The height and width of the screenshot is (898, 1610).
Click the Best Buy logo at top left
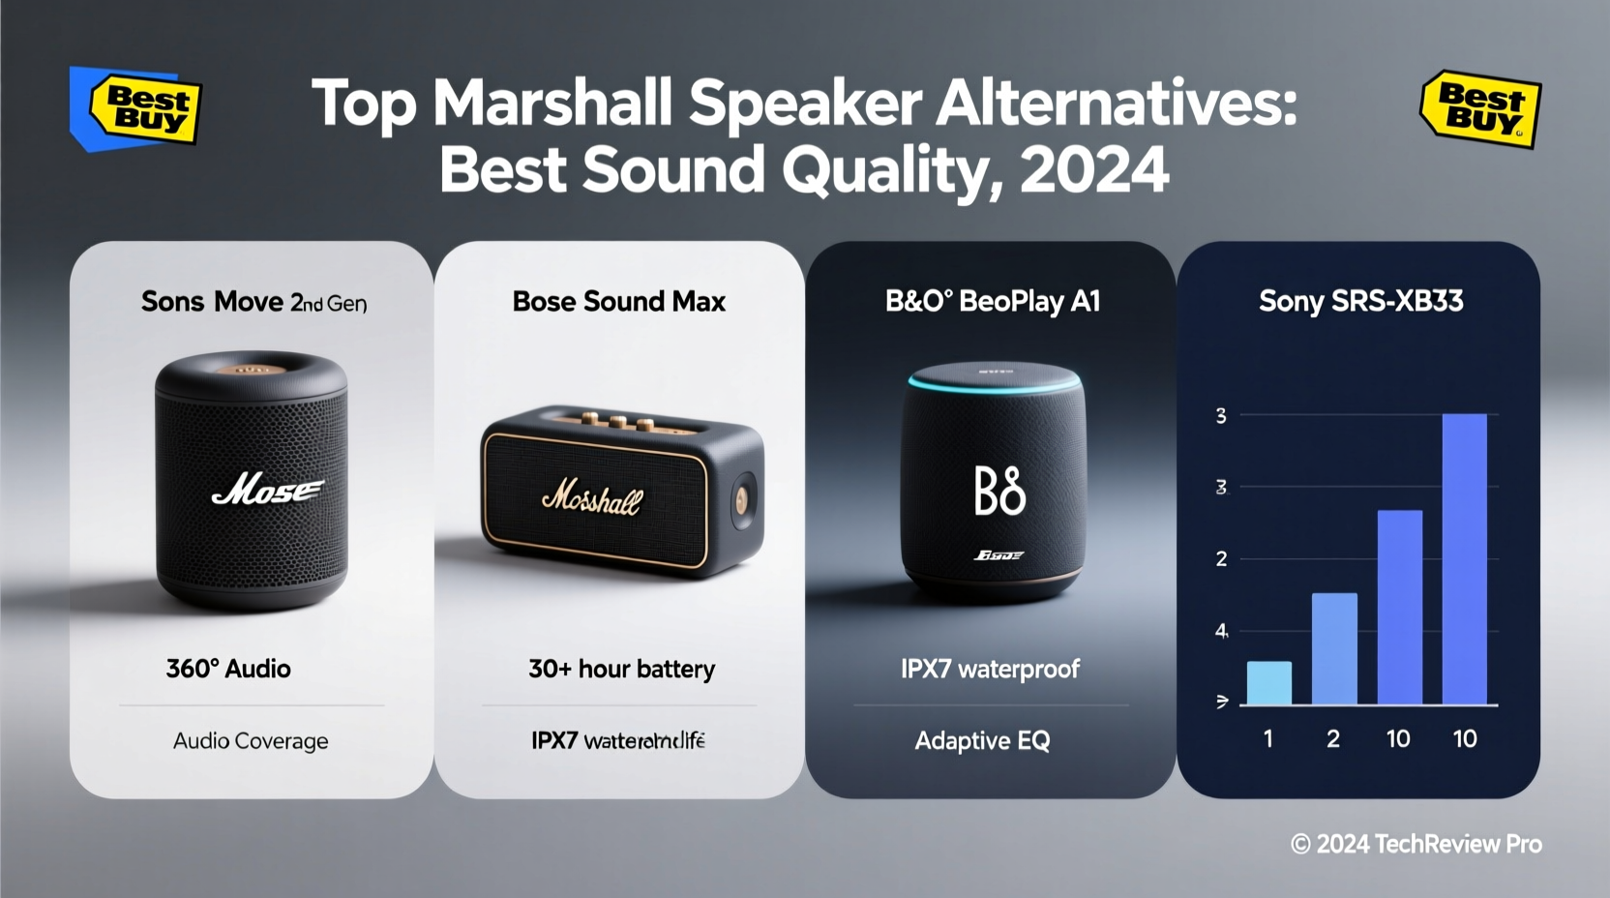pyautogui.click(x=143, y=109)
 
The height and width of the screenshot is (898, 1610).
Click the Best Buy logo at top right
pyautogui.click(x=1480, y=109)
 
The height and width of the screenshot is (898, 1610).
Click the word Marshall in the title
pyautogui.click(x=551, y=103)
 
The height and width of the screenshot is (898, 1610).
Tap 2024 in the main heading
pyautogui.click(x=1093, y=170)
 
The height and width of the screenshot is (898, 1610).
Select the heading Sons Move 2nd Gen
pyautogui.click(x=253, y=302)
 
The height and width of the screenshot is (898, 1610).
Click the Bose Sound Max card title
pyautogui.click(x=618, y=302)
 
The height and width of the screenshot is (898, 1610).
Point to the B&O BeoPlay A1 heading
pyautogui.click(x=993, y=302)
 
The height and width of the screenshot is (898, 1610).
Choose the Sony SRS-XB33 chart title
pyautogui.click(x=1360, y=302)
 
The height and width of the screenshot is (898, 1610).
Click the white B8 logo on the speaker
pyautogui.click(x=999, y=491)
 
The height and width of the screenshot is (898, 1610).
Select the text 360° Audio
pyautogui.click(x=228, y=669)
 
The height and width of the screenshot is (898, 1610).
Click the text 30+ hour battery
pyautogui.click(x=621, y=669)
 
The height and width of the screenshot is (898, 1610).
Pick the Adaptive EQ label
pyautogui.click(x=982, y=741)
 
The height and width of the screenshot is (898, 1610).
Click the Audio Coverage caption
pyautogui.click(x=251, y=741)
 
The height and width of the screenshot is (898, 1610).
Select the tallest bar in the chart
pyautogui.click(x=1464, y=558)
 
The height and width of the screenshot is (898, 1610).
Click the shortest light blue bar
pyautogui.click(x=1268, y=682)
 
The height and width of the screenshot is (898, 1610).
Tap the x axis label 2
pyautogui.click(x=1332, y=739)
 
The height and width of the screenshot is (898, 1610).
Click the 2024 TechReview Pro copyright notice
pyautogui.click(x=1416, y=845)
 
